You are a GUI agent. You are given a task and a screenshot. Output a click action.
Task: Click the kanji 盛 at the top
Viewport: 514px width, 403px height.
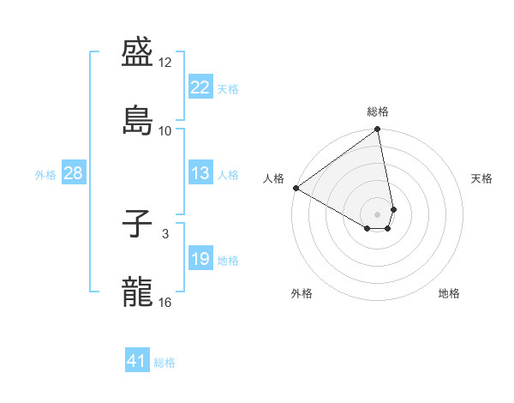(139, 54)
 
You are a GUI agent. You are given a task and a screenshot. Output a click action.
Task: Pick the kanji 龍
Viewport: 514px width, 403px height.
(139, 292)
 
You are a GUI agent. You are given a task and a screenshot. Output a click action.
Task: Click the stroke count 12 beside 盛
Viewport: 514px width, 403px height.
(165, 63)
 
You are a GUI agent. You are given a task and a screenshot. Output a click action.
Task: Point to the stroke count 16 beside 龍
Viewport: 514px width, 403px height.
(165, 302)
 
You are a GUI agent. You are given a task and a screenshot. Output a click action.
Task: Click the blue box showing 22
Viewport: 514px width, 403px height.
(200, 87)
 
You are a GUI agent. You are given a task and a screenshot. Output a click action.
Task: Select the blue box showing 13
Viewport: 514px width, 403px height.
(200, 173)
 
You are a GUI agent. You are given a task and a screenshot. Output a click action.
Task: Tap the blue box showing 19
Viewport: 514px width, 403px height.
(200, 259)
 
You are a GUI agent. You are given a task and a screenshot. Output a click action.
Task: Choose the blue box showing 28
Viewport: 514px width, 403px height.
(73, 173)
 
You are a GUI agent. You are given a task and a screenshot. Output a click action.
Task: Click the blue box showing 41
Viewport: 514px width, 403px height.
(137, 361)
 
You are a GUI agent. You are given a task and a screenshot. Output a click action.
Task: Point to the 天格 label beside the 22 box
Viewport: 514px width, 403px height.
(228, 88)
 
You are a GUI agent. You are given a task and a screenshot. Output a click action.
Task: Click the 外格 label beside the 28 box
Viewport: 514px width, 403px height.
(45, 174)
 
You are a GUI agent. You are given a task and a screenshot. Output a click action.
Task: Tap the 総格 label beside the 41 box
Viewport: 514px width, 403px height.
(164, 362)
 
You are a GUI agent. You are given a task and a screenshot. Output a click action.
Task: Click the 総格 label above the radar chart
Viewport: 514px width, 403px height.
(378, 111)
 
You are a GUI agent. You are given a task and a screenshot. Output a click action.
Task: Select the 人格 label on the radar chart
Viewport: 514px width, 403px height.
(274, 178)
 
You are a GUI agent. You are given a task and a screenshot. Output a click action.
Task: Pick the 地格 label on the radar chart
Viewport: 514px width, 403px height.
(449, 293)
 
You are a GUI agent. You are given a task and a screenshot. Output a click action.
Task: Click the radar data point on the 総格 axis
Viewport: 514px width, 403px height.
(378, 130)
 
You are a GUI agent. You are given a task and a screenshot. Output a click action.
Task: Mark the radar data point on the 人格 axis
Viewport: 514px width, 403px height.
(296, 188)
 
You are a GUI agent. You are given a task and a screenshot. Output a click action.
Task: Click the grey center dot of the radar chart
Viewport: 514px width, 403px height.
(378, 214)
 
